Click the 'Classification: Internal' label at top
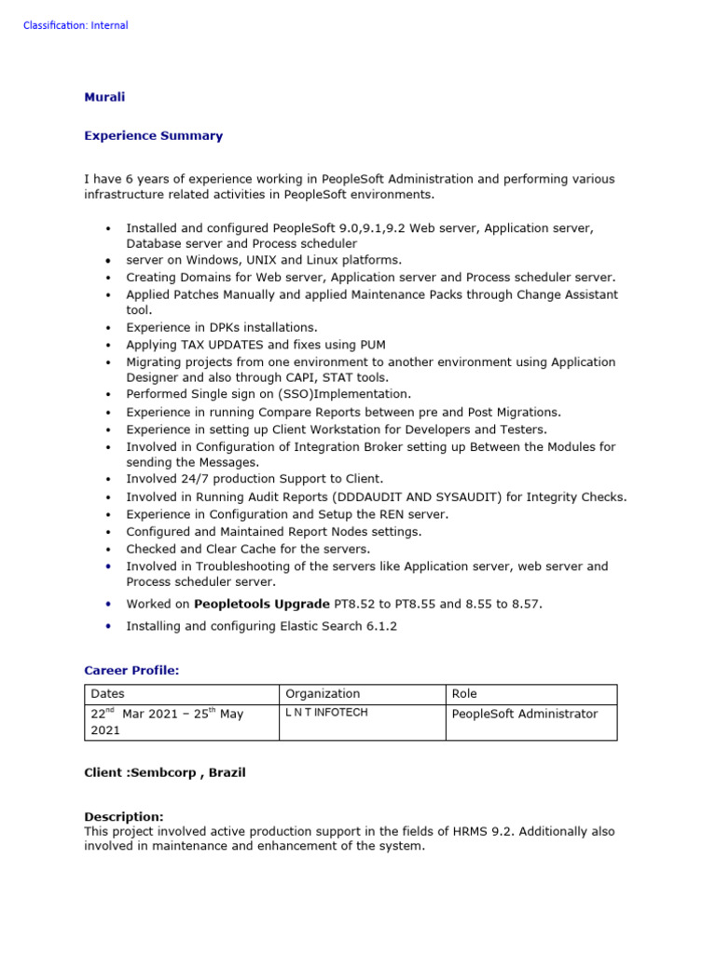click(x=76, y=25)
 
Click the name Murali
click(x=104, y=97)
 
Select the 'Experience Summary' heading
click(x=153, y=135)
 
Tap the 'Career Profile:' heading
click(x=131, y=670)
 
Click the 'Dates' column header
click(x=107, y=694)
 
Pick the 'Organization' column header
click(x=322, y=694)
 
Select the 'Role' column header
click(x=464, y=694)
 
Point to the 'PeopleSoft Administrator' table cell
click(x=524, y=714)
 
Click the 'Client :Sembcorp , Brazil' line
click(x=165, y=773)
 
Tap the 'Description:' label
click(x=123, y=816)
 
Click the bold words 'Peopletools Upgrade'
click(x=261, y=604)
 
